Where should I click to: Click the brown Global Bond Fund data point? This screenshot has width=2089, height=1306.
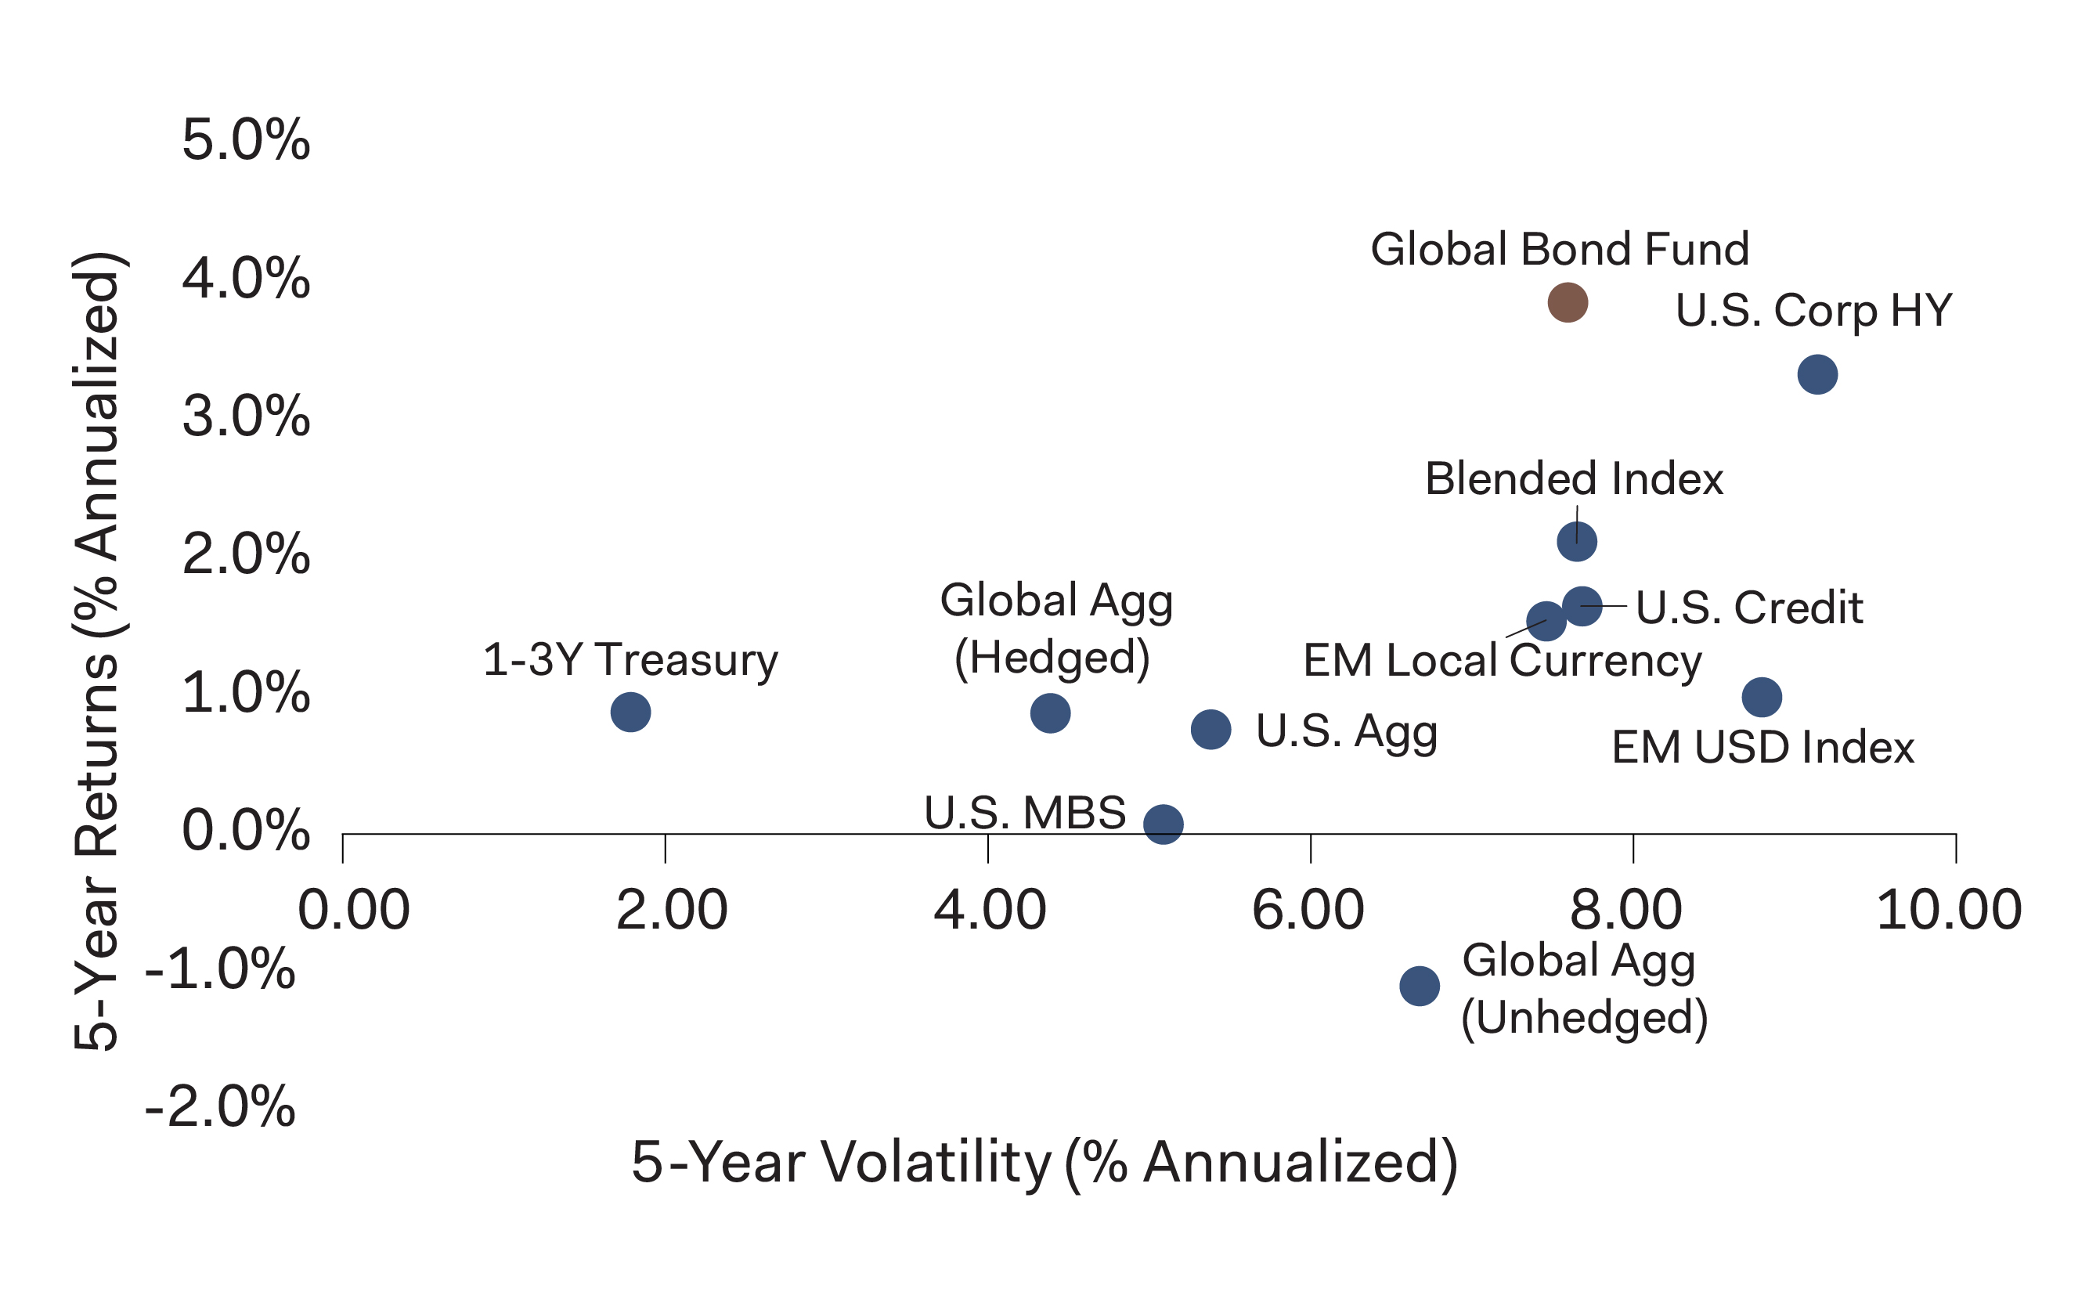tap(1568, 302)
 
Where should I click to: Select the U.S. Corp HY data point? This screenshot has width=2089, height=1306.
tap(1817, 375)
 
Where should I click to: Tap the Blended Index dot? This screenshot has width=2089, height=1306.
tap(1577, 542)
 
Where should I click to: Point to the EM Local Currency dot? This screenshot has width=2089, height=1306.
tap(1545, 621)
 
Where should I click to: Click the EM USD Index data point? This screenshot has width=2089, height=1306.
tap(1762, 697)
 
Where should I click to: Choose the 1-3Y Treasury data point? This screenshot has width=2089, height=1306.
tap(630, 713)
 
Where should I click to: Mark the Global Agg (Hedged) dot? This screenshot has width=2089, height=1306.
tap(1050, 713)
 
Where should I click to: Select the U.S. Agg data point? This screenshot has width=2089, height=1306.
tap(1210, 730)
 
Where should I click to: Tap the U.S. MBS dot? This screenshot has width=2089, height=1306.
tap(1164, 824)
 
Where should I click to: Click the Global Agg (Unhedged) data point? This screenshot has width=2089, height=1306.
tap(1420, 986)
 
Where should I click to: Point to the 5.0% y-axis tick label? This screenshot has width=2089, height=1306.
tap(246, 140)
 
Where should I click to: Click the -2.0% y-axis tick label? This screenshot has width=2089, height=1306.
tap(221, 1106)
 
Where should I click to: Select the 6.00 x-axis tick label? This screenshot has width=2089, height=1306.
tap(1308, 911)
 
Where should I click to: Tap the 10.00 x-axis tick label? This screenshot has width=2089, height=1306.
tap(1949, 911)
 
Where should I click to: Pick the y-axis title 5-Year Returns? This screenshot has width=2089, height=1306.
tap(98, 652)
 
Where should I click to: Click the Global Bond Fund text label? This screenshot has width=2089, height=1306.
tap(1560, 250)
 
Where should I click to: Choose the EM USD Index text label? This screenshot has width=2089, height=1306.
tap(1762, 748)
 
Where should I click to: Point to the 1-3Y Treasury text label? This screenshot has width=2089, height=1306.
tap(630, 661)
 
